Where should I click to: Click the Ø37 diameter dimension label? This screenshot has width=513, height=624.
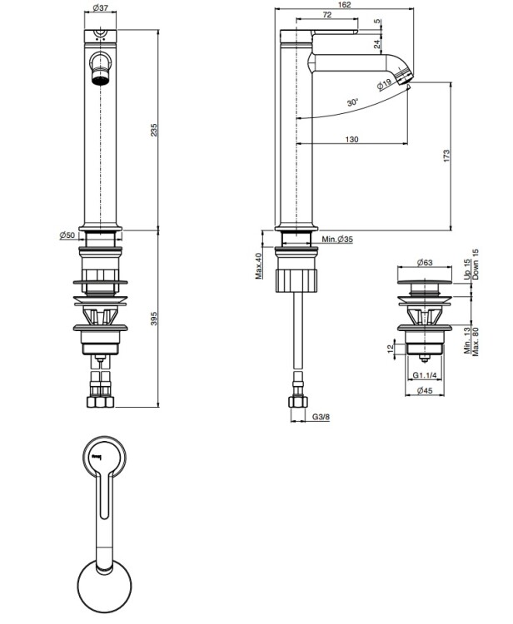pyautogui.click(x=101, y=7)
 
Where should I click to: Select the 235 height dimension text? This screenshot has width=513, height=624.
pyautogui.click(x=154, y=130)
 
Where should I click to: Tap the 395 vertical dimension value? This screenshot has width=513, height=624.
pyautogui.click(x=154, y=319)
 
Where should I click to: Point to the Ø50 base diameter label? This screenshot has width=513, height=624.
pyautogui.click(x=67, y=235)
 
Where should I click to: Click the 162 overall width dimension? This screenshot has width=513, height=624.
pyautogui.click(x=344, y=5)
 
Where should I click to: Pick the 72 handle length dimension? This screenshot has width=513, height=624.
pyautogui.click(x=326, y=15)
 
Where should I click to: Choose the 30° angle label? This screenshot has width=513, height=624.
pyautogui.click(x=353, y=102)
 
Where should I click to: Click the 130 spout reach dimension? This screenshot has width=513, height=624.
pyautogui.click(x=351, y=139)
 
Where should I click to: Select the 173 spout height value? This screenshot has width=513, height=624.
pyautogui.click(x=446, y=156)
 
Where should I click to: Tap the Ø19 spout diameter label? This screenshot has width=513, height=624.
pyautogui.click(x=385, y=84)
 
